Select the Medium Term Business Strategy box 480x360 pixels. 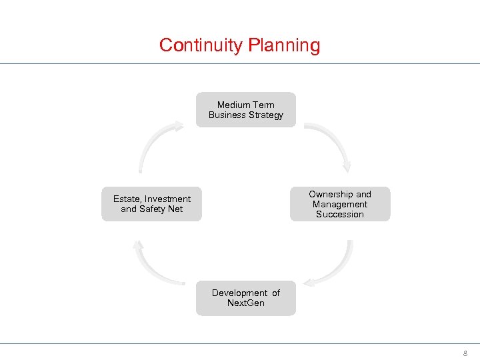pyautogui.click(x=246, y=110)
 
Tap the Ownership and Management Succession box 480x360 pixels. pyautogui.click(x=340, y=204)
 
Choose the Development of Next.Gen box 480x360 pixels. pyautogui.click(x=246, y=298)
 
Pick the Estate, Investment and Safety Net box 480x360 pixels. pyautogui.click(x=152, y=204)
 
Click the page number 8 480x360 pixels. pyautogui.click(x=465, y=353)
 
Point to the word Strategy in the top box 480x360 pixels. pyautogui.click(x=265, y=115)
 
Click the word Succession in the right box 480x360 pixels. pyautogui.click(x=340, y=215)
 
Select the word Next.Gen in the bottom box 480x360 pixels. pyautogui.click(x=246, y=303)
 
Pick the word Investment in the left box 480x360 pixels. pyautogui.click(x=167, y=199)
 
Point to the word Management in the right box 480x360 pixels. pyautogui.click(x=340, y=204)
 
